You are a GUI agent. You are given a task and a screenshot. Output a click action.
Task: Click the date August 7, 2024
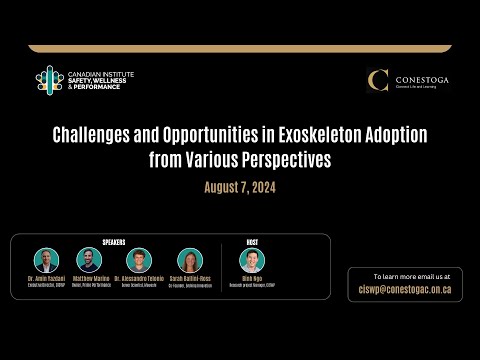click(x=240, y=187)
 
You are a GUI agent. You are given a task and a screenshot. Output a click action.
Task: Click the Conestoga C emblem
click(x=378, y=81)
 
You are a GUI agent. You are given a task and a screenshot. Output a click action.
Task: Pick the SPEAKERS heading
click(x=114, y=241)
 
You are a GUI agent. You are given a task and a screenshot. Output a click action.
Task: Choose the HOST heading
click(x=252, y=241)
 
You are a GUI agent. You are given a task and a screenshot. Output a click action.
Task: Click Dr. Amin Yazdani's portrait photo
click(x=46, y=260)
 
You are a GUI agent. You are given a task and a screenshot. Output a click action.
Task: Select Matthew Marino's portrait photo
click(x=90, y=260)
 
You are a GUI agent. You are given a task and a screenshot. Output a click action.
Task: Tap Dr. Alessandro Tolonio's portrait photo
click(x=139, y=260)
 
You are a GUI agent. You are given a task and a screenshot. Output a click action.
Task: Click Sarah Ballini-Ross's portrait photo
click(x=190, y=260)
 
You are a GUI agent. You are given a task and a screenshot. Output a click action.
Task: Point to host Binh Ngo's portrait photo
click(x=252, y=260)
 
